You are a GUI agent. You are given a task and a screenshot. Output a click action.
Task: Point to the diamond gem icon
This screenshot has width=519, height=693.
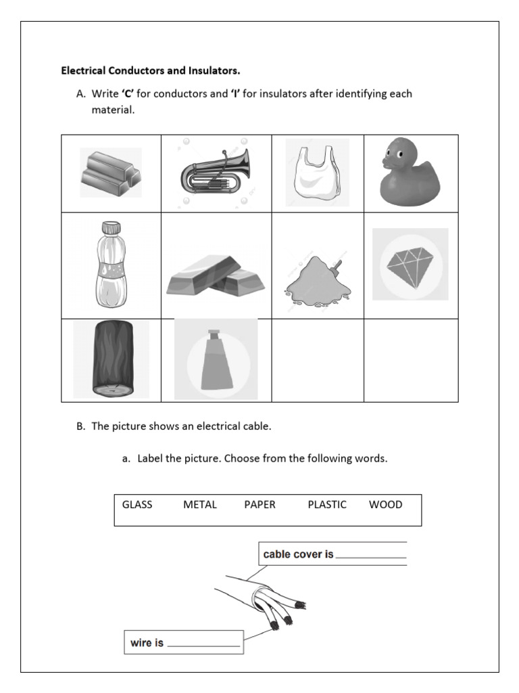tap(410, 265)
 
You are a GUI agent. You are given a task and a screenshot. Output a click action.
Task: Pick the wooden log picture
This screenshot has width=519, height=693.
tap(112, 359)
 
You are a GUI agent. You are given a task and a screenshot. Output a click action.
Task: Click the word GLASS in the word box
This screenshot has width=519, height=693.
tap(137, 505)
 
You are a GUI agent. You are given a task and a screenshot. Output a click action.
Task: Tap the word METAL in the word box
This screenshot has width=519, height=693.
tap(200, 505)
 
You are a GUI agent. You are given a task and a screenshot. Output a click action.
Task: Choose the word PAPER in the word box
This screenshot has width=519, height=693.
tap(260, 505)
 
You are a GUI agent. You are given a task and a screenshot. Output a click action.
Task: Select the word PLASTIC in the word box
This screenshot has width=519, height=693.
tap(327, 505)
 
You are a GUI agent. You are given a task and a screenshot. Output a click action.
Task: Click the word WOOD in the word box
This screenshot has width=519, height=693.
tap(386, 505)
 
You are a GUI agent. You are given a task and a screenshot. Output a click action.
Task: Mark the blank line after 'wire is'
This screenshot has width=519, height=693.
tap(203, 646)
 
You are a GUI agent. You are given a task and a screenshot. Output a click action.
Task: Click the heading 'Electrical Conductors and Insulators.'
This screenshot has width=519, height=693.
tap(151, 70)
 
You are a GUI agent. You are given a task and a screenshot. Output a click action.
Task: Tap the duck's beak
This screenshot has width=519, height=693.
tap(387, 164)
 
